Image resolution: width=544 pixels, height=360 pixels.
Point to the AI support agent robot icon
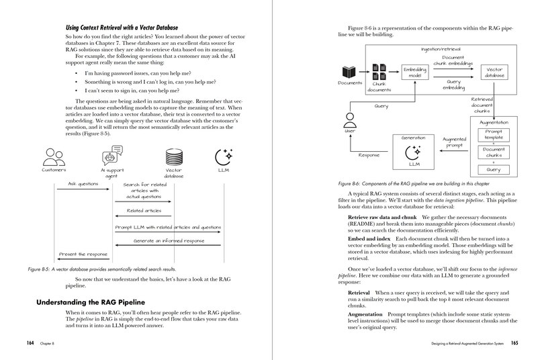pos(112,159)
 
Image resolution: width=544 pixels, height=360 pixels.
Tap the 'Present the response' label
pos(83,255)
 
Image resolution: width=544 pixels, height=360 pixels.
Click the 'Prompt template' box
pos(494,134)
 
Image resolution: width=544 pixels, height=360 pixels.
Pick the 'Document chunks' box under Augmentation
pos(494,152)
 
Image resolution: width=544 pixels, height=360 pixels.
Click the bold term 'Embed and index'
pos(370,238)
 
